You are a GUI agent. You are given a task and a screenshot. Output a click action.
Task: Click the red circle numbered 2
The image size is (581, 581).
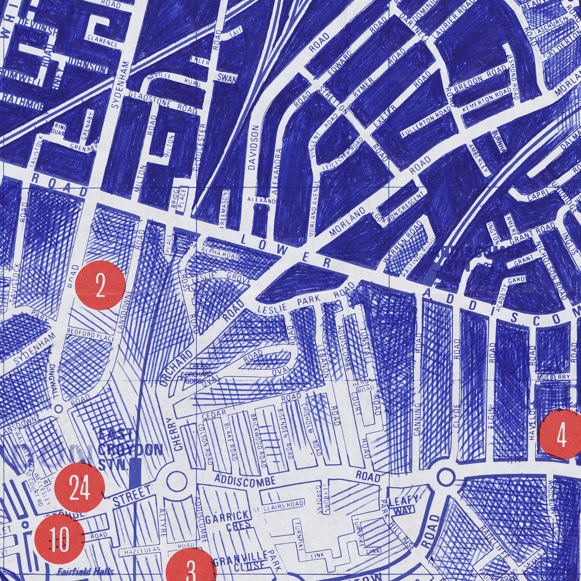click(100, 285)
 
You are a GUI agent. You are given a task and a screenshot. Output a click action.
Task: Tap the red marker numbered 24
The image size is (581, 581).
click(79, 487)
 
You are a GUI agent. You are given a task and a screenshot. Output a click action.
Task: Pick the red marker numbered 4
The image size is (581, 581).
click(561, 435)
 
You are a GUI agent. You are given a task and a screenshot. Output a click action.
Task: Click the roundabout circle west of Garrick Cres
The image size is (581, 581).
click(176, 481)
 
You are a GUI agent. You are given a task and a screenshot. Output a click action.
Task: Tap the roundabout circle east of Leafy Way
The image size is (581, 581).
click(445, 477)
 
